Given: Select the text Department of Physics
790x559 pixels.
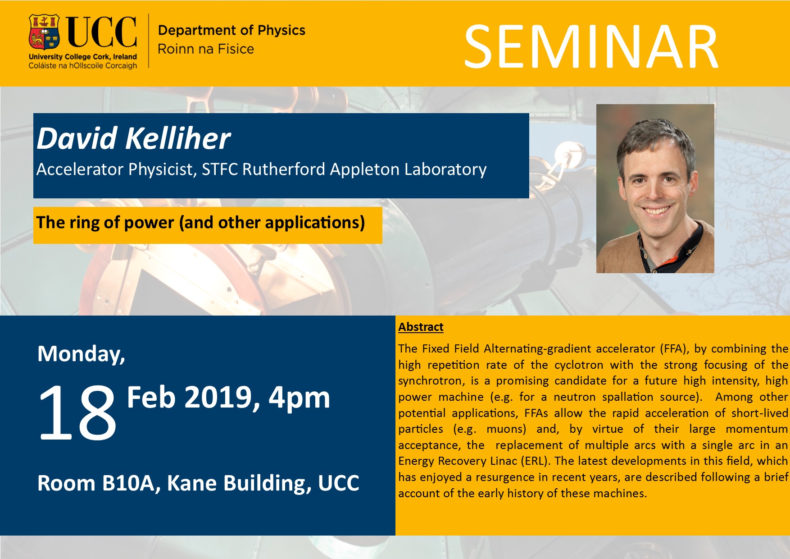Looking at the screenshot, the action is pyautogui.click(x=232, y=30).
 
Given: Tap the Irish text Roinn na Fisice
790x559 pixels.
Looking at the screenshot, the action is pyautogui.click(x=206, y=49).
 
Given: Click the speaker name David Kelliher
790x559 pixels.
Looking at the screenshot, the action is pyautogui.click(x=133, y=138).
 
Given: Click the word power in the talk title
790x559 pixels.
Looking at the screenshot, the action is pyautogui.click(x=149, y=223).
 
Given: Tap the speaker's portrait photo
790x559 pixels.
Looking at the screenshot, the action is pyautogui.click(x=655, y=188).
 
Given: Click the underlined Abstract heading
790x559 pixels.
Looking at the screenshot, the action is pyautogui.click(x=421, y=327).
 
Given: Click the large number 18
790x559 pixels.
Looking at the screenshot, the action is pyautogui.click(x=77, y=412).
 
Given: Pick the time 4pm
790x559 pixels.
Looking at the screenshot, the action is pyautogui.click(x=299, y=398).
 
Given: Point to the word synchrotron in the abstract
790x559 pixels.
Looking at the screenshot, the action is pyautogui.click(x=431, y=381).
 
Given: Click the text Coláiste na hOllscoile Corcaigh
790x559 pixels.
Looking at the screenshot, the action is pyautogui.click(x=83, y=66).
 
